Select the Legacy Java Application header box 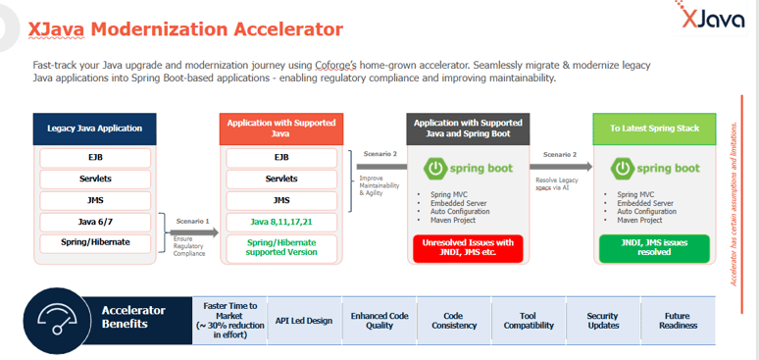click(x=95, y=128)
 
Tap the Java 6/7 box click(x=95, y=222)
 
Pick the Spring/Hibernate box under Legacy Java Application click(x=95, y=242)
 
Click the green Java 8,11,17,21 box click(x=280, y=222)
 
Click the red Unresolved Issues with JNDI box click(x=468, y=247)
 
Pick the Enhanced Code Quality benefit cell click(x=379, y=320)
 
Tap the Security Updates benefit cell click(x=602, y=320)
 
